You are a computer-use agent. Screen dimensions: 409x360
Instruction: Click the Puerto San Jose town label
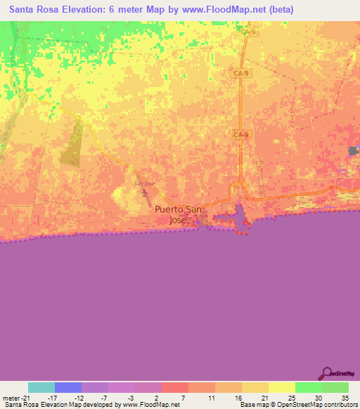tap(179, 214)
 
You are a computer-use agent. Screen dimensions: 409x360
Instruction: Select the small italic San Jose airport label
tap(144, 183)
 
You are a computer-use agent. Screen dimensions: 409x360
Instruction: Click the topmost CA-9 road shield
tap(247, 32)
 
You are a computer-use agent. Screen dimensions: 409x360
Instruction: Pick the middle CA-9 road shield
tap(240, 72)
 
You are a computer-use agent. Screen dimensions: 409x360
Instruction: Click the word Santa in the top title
tap(25, 10)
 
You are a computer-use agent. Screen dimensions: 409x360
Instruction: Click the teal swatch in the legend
tap(41, 387)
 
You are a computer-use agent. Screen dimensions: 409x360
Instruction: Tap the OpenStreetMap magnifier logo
tap(326, 372)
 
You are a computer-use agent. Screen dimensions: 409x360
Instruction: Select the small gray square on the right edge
tap(354, 151)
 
